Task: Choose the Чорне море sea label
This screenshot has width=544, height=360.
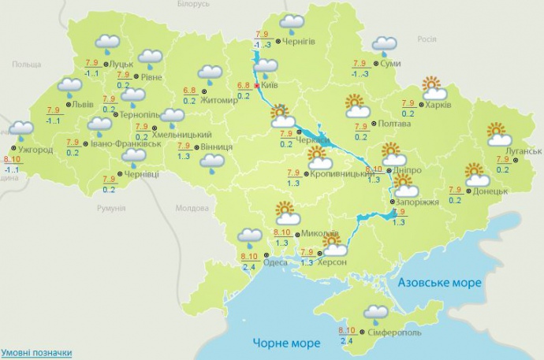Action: [287, 343]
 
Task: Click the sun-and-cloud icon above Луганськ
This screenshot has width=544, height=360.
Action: [499, 135]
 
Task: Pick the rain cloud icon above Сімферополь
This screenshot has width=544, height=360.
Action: [376, 313]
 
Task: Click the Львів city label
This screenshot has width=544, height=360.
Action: [82, 104]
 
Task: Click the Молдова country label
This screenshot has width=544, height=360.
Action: [190, 208]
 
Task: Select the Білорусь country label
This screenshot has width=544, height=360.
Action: [194, 4]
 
